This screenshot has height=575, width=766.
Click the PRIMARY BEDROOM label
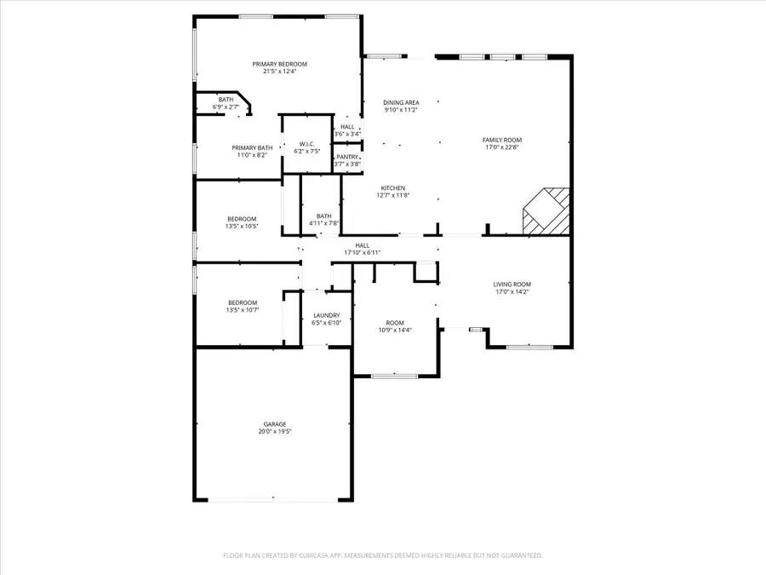[279, 64]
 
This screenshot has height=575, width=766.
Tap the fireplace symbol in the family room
[545, 210]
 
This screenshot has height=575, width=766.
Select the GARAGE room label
[274, 424]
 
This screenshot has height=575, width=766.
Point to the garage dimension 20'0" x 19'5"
[274, 432]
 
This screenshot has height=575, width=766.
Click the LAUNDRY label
[328, 315]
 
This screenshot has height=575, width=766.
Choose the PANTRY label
[347, 157]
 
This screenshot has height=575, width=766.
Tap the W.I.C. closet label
[306, 143]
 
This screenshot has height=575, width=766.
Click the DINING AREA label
[401, 102]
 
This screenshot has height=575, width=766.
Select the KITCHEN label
[393, 187]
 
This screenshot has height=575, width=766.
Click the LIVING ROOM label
[512, 285]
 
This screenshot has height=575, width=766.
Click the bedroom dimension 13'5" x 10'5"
[242, 227]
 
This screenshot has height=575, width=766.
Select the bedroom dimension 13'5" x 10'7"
[242, 310]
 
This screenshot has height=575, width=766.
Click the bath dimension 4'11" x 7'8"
[324, 223]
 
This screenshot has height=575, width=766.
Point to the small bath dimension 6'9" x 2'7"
[226, 107]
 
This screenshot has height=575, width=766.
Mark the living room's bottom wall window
[529, 347]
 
